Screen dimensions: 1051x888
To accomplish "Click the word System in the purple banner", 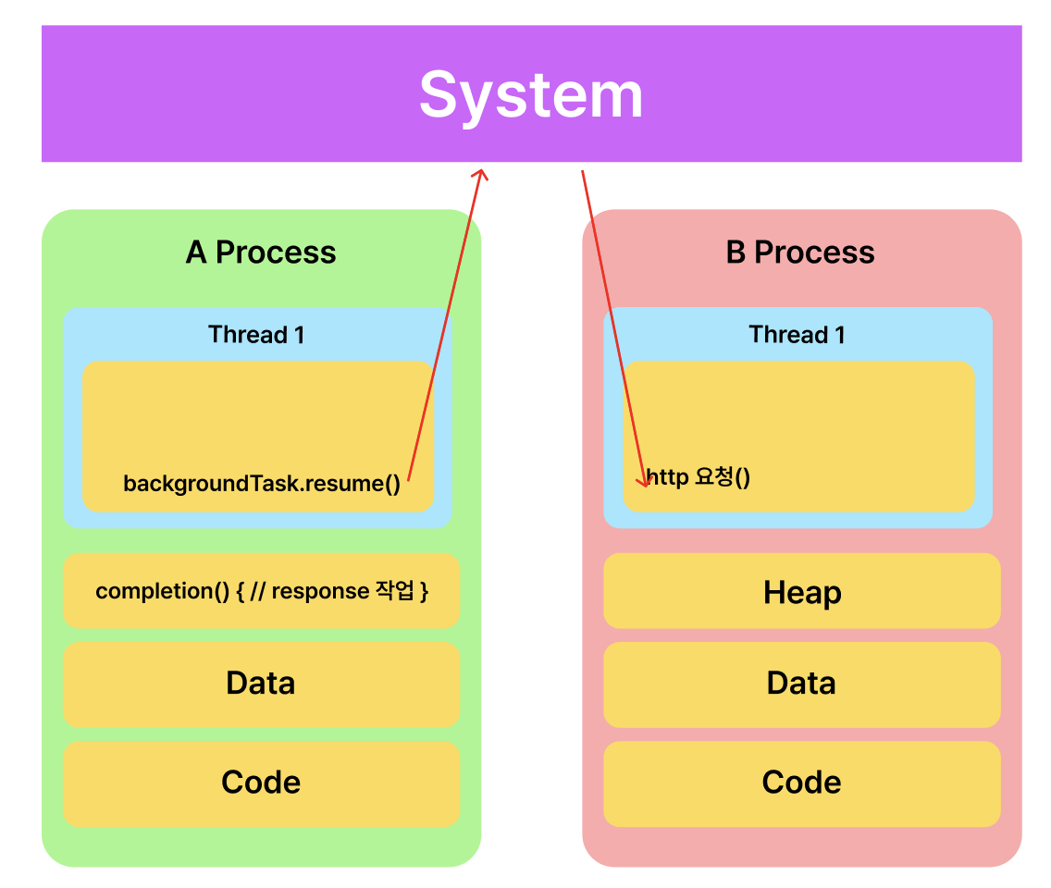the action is (x=531, y=96).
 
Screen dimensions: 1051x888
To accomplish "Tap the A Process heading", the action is (x=261, y=252).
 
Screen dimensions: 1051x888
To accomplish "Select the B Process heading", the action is (x=800, y=252).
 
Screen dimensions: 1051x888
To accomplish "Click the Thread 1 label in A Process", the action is (x=256, y=334).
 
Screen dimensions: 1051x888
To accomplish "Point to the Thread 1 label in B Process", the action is (x=797, y=334).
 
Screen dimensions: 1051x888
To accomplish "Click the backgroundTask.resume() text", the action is (x=262, y=483).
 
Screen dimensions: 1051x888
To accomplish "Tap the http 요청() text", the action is (x=699, y=476).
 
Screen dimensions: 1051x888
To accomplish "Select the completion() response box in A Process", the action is (x=262, y=590).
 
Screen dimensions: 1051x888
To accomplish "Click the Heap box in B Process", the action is (x=801, y=590).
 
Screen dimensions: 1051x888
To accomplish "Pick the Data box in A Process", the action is (x=262, y=684).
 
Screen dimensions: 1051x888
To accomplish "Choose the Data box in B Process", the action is (x=801, y=684).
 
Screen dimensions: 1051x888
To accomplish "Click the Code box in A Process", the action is (x=262, y=783).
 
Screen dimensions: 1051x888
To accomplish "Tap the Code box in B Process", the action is (x=801, y=783).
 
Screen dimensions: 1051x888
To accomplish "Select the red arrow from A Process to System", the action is (x=445, y=325).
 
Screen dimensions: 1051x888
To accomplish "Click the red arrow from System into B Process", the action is (x=613, y=328).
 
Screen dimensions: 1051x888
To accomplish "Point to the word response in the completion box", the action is (x=320, y=591).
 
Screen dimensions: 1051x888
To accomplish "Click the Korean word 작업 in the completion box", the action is (x=395, y=590).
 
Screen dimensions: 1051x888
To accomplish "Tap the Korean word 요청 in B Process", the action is (x=714, y=475).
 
